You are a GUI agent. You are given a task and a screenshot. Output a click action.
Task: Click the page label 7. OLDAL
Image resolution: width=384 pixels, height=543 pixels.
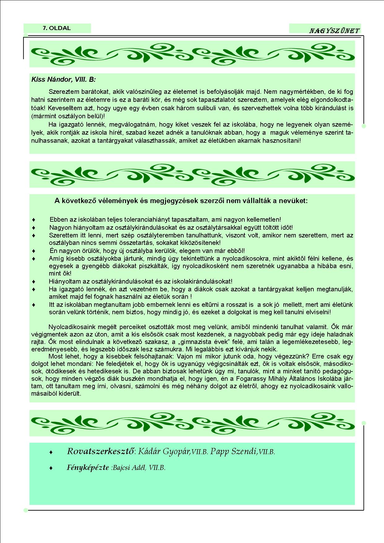[x=57, y=28]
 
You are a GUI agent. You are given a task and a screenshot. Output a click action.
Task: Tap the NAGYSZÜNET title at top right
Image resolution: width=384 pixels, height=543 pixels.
[x=334, y=31]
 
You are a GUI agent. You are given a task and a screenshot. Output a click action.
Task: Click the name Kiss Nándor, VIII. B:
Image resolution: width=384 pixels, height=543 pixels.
[x=63, y=80]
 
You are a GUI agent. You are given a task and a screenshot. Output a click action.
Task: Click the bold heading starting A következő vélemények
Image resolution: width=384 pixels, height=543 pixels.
[x=181, y=201]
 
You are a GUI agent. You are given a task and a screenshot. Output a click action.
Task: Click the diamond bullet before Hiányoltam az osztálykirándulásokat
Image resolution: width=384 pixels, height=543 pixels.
[x=34, y=282]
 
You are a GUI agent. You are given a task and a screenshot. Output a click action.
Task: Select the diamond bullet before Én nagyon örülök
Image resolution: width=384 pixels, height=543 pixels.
[x=34, y=251]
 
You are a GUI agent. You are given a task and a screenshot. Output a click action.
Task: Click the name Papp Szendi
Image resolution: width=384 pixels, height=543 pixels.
[x=234, y=452]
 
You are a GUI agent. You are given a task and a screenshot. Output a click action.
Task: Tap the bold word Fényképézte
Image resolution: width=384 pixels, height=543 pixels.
[x=88, y=467]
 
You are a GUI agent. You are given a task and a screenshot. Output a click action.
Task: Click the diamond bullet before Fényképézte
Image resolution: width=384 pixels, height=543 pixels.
[x=51, y=468]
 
